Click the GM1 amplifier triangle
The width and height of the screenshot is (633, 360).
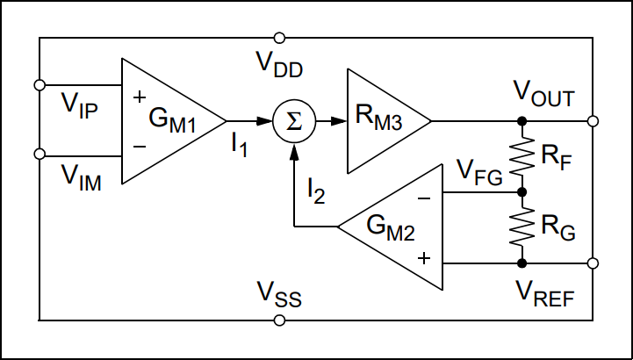[167, 121]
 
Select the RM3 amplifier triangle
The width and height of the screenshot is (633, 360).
[382, 121]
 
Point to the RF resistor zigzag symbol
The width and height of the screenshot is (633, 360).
[522, 156]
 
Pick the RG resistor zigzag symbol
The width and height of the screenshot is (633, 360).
[522, 227]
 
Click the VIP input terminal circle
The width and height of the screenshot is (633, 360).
[39, 85]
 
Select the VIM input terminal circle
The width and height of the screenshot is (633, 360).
[39, 155]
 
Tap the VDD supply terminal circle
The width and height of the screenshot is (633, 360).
[279, 38]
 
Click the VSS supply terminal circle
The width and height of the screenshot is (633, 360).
[279, 320]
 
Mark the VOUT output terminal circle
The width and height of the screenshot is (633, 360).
[593, 121]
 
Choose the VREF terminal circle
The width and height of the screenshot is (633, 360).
[593, 263]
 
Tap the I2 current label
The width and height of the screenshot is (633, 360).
[316, 189]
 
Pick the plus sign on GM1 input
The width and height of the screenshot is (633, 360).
[138, 96]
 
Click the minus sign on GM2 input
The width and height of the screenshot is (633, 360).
[424, 198]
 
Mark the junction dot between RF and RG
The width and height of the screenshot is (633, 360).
[522, 191]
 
